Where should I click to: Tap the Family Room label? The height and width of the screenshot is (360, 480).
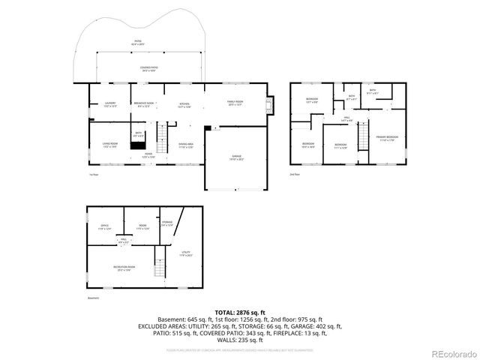coord(235,102)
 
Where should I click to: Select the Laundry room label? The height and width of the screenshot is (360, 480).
coord(109,104)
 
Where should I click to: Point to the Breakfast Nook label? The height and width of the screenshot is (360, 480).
coord(144,104)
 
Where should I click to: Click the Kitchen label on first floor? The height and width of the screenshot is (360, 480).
coord(184,104)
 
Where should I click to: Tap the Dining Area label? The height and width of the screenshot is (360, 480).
coord(186,145)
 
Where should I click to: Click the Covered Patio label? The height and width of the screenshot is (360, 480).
coord(148,68)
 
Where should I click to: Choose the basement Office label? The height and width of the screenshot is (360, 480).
coord(105,226)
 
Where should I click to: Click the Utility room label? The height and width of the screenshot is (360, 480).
coord(186,253)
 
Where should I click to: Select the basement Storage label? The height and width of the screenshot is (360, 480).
coord(166,223)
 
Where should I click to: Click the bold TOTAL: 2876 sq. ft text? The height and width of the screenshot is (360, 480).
coord(240,312)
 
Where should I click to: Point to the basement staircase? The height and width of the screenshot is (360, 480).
coord(158,265)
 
